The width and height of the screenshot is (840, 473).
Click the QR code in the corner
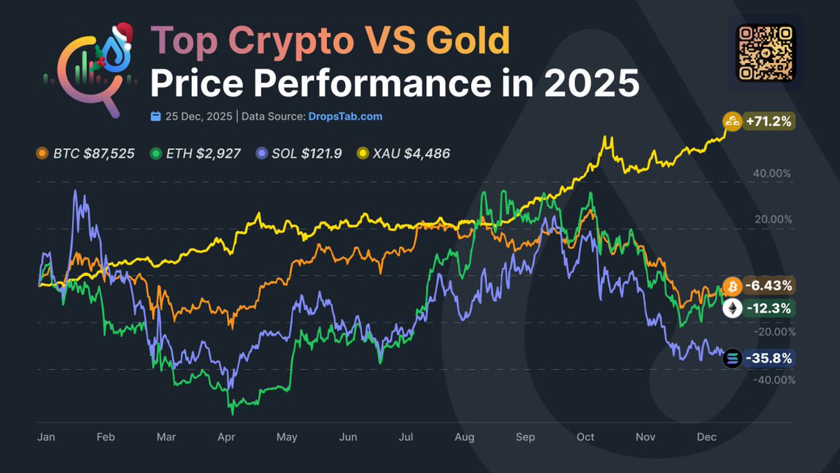coord(766,53)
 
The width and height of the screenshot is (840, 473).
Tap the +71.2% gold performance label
coord(768,122)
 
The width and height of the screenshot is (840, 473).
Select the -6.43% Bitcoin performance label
coord(768,286)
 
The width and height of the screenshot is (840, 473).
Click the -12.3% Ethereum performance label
coord(768,308)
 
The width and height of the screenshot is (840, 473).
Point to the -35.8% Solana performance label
coord(768,359)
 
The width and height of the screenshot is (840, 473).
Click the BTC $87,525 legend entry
coord(85,153)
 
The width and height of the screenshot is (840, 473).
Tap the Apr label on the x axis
coord(226,437)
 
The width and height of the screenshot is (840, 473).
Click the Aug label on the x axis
coord(464,437)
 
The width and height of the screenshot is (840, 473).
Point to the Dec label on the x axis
coord(706,437)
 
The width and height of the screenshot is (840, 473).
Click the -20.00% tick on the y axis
coord(772,332)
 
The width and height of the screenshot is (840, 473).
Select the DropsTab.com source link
coord(345,116)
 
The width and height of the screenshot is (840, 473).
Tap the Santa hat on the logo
coord(123,33)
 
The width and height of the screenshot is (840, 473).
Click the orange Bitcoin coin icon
coord(732,286)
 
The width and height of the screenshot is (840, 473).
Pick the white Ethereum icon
coord(732,309)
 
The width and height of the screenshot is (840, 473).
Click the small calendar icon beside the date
coord(156,116)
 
